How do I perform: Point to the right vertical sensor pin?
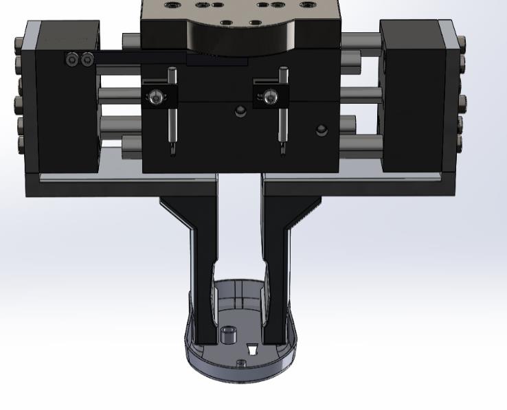pyautogui.click(x=282, y=110)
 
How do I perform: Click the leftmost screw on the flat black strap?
pyautogui.click(x=73, y=60)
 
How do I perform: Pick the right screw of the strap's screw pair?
pyautogui.click(x=87, y=60)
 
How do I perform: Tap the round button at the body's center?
pyautogui.click(x=240, y=111)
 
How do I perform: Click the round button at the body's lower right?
pyautogui.click(x=320, y=130)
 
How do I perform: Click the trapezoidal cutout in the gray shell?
pyautogui.click(x=251, y=349)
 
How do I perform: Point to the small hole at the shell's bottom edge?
pyautogui.click(x=240, y=363)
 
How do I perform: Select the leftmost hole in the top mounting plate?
pyautogui.click(x=169, y=5)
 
